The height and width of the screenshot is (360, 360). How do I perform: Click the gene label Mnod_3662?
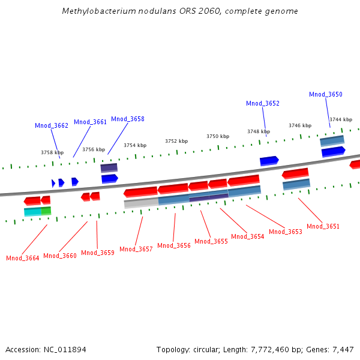[x=52, y=125]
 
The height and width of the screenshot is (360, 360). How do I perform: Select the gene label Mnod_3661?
[x=91, y=122]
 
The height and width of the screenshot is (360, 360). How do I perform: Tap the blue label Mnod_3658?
[x=128, y=119]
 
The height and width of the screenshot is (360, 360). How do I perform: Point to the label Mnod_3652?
[x=263, y=103]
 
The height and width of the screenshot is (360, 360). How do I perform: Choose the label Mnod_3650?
[x=326, y=94]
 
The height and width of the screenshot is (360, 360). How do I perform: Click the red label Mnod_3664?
[x=23, y=258]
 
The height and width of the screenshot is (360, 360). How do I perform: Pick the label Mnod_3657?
[x=136, y=249]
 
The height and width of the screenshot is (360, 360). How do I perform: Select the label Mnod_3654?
[x=248, y=236]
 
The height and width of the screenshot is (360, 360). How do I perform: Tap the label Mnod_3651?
[x=323, y=226]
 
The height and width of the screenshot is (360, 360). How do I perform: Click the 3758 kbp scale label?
[x=52, y=152]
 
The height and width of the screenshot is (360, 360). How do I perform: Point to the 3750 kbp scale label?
[x=218, y=136]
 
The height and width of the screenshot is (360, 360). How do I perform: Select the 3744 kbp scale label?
[x=340, y=120]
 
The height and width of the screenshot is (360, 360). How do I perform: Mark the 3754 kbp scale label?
[x=135, y=145]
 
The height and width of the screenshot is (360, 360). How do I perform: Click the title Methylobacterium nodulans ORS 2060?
[x=180, y=11]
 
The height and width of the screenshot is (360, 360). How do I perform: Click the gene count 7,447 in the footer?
[x=343, y=349]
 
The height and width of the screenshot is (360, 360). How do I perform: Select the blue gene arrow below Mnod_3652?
[x=269, y=160]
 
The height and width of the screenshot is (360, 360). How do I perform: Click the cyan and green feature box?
[x=37, y=211]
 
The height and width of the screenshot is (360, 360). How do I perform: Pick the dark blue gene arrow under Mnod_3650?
[x=334, y=152]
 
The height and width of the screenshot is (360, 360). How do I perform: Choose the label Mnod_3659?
[x=98, y=253]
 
